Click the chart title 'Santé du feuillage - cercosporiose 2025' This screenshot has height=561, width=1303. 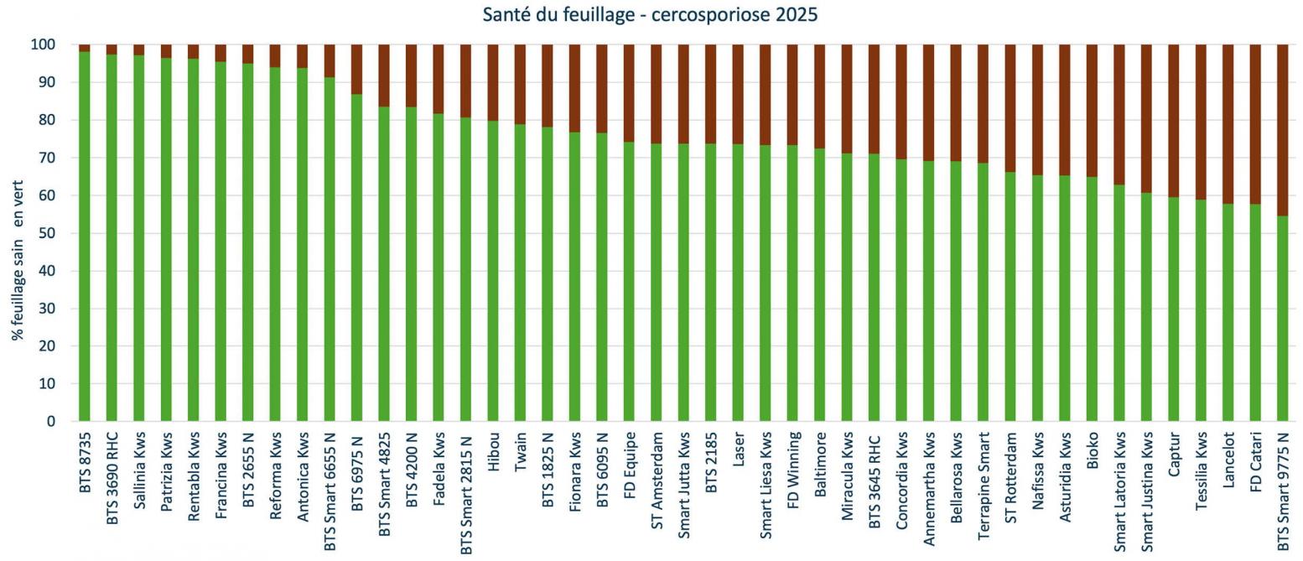point(650,14)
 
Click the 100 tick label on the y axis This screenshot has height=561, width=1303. point(44,44)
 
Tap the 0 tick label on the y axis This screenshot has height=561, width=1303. point(50,421)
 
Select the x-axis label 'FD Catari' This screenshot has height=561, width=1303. point(1255,458)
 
